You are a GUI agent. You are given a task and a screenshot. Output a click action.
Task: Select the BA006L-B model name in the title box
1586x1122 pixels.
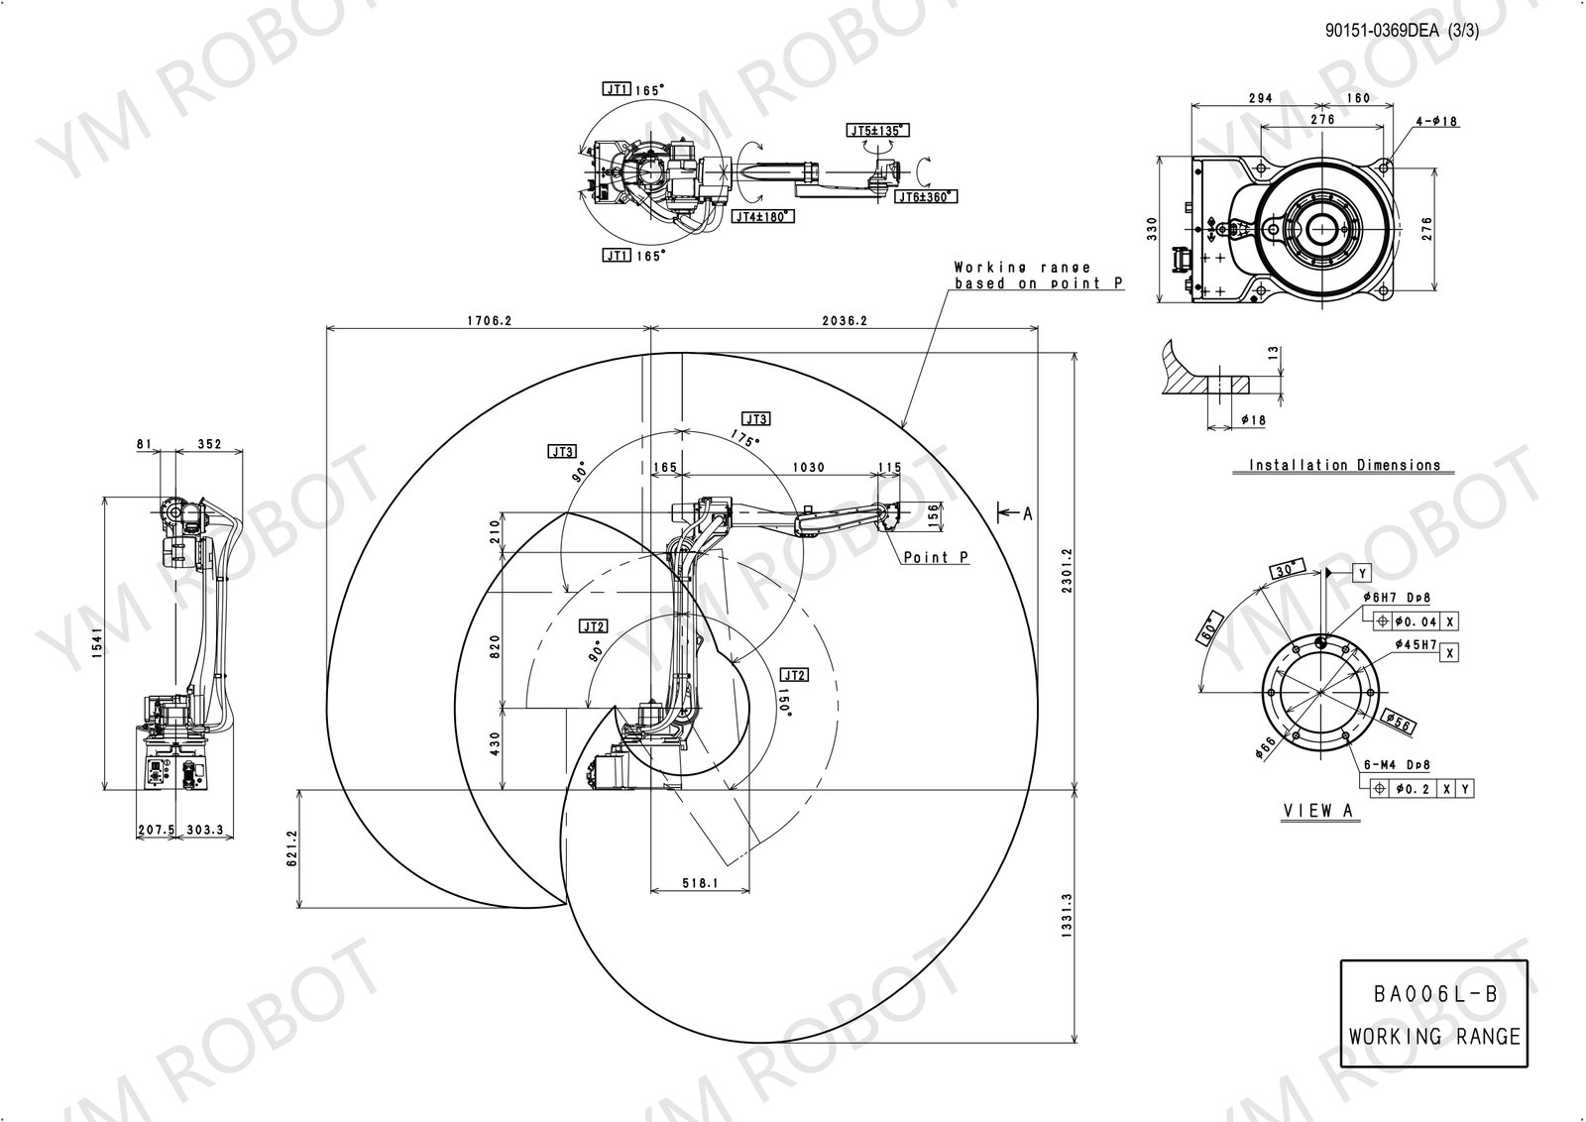(x=1434, y=995)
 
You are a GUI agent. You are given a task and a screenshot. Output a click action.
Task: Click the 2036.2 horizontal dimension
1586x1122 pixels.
(x=845, y=321)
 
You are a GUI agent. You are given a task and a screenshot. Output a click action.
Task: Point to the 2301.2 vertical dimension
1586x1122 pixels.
(x=1067, y=571)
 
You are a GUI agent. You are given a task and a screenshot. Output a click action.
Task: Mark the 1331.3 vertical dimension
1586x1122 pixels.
(x=1067, y=916)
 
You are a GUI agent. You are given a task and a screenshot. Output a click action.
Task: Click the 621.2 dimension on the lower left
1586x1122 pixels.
(x=291, y=848)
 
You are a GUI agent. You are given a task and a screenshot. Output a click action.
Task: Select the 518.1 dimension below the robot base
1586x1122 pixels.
(x=699, y=882)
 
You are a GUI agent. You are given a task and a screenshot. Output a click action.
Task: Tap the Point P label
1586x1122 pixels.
(x=935, y=558)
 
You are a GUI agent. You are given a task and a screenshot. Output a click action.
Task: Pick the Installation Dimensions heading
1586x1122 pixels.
(x=1344, y=465)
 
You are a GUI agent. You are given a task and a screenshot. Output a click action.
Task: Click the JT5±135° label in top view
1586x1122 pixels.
(x=877, y=131)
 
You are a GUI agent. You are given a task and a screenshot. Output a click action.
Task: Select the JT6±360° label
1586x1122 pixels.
(x=926, y=197)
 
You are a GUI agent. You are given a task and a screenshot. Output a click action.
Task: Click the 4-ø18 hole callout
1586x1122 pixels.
(x=1436, y=121)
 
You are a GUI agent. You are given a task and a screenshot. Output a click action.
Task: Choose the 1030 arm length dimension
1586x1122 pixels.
(x=809, y=467)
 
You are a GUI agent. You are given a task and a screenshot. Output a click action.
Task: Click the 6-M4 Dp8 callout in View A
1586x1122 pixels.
(x=1395, y=765)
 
